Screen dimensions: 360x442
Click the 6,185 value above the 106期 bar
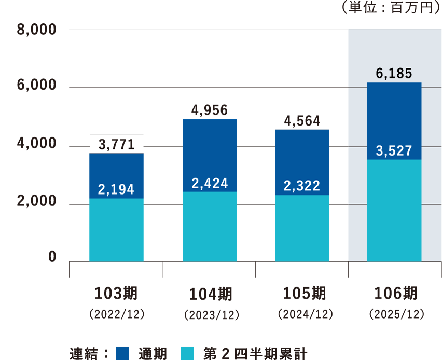(394, 74)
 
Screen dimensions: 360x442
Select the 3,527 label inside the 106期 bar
(394, 151)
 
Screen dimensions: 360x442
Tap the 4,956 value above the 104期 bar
(210, 110)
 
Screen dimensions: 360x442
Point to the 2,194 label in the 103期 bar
(116, 189)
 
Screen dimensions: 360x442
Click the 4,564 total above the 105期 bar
(302, 120)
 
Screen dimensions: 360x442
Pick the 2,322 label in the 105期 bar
(302, 186)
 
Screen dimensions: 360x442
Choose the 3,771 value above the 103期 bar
(116, 144)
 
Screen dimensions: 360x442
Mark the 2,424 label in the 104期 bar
(210, 183)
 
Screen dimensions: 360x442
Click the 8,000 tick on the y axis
(36, 30)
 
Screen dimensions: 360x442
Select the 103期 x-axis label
(116, 294)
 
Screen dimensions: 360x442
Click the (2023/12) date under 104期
(210, 315)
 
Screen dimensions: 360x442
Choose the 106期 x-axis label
(395, 294)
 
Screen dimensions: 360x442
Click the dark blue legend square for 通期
(122, 353)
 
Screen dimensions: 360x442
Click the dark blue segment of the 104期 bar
(210, 150)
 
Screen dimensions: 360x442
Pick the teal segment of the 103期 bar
(116, 231)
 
